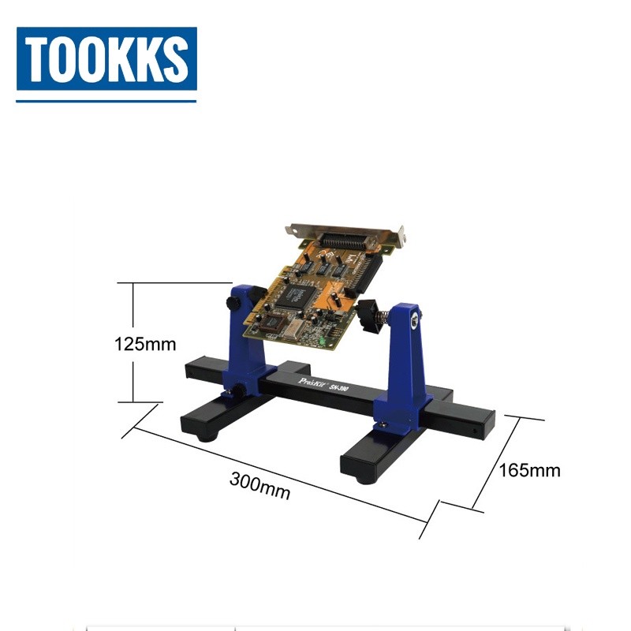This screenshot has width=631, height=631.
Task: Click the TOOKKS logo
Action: click(x=106, y=60)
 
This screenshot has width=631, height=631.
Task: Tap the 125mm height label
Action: click(x=144, y=344)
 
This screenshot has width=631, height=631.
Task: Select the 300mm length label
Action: click(x=259, y=485)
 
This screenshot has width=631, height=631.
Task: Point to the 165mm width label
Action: click(x=530, y=471)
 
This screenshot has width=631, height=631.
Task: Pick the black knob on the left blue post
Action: click(x=234, y=304)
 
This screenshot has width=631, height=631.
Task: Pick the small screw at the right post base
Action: click(x=383, y=427)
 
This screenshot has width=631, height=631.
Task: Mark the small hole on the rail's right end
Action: click(x=475, y=432)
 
